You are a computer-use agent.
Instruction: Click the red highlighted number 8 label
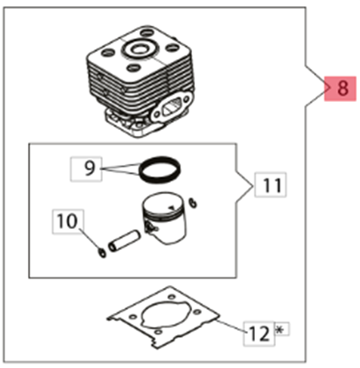tap(340, 88)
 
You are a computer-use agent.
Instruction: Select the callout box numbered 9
tap(86, 169)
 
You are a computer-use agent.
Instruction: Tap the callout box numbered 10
tap(68, 221)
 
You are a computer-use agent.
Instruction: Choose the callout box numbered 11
tap(271, 184)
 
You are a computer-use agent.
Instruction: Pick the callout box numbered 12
tap(259, 333)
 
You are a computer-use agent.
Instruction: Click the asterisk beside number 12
tap(280, 329)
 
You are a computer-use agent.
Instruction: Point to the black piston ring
tap(160, 170)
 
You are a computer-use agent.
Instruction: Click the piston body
tap(164, 218)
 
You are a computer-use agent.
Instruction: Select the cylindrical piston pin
tap(124, 240)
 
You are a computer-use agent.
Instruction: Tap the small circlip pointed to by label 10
tap(102, 253)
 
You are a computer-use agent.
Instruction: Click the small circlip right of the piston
tap(193, 203)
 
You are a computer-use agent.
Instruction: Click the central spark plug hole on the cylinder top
tap(138, 49)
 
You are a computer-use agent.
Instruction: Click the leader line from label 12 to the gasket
tap(231, 326)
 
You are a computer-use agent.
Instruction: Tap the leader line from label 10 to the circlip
tap(89, 240)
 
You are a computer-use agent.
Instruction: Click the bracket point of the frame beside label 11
tap(253, 186)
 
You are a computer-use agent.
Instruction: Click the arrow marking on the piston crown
tap(172, 208)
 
